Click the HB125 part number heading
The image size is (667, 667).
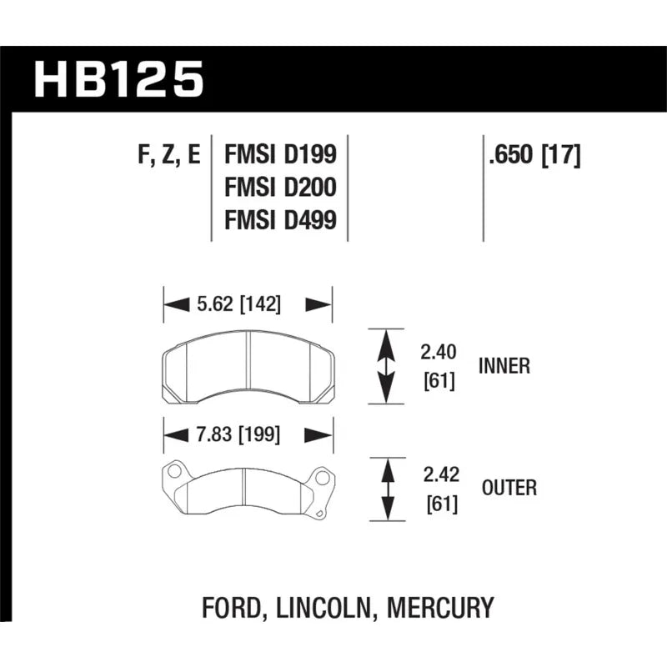tap(118, 79)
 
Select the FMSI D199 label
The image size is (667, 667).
tap(280, 154)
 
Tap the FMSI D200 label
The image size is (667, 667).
tap(280, 187)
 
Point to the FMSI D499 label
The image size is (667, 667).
tap(280, 220)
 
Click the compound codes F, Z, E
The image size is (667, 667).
tap(169, 155)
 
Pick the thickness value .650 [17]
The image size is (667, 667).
tap(534, 155)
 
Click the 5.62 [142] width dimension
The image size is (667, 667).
tap(238, 304)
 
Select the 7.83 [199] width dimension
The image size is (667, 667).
tap(238, 435)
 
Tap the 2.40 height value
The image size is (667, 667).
tap(439, 352)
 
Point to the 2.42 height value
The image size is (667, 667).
tap(441, 475)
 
